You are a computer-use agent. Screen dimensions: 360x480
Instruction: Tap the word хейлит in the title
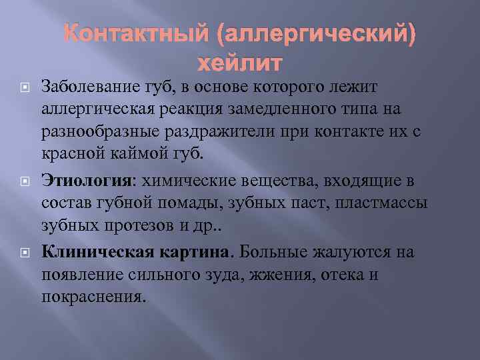241,65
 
